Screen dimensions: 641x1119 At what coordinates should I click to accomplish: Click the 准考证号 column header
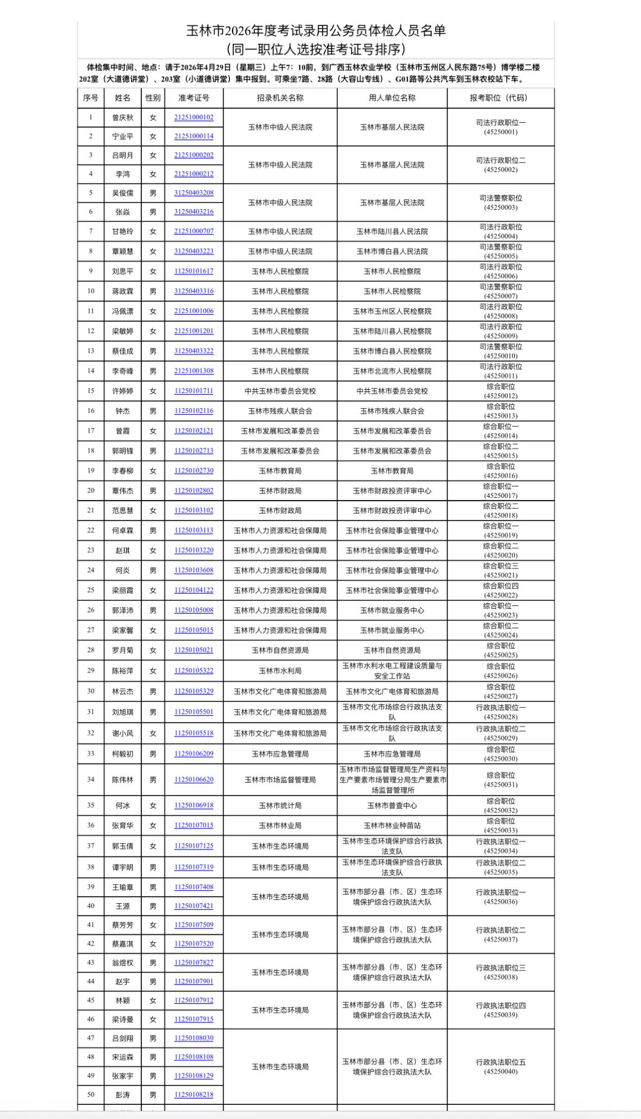(194, 98)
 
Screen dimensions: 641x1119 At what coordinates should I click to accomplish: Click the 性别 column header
(153, 98)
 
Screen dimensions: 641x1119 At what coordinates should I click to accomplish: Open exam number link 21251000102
(194, 117)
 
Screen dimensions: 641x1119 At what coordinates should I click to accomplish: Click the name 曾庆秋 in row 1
(123, 117)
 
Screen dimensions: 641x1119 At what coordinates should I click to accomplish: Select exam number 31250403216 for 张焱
(194, 212)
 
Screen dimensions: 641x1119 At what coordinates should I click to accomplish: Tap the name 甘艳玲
(123, 232)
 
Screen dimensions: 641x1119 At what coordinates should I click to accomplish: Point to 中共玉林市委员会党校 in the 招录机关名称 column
(280, 391)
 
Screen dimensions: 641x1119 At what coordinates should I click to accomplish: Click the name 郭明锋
(123, 451)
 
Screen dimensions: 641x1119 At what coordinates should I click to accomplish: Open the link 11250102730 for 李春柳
(194, 471)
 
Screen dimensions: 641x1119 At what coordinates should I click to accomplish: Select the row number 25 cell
(91, 590)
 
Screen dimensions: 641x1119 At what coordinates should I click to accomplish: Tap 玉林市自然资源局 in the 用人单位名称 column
(392, 651)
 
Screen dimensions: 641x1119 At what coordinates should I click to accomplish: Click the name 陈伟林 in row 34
(123, 780)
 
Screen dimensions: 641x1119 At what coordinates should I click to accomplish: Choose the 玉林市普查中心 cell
(392, 806)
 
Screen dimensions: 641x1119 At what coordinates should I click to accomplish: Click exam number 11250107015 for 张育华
(194, 826)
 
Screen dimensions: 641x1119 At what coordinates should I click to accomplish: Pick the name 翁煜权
(123, 962)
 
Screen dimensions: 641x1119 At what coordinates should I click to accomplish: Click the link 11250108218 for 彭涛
(194, 1095)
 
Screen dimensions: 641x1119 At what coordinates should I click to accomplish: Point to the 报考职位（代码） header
(501, 98)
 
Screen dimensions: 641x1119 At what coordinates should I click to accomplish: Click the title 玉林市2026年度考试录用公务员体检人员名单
(316, 31)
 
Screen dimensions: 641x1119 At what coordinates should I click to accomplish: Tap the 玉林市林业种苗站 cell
(392, 826)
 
